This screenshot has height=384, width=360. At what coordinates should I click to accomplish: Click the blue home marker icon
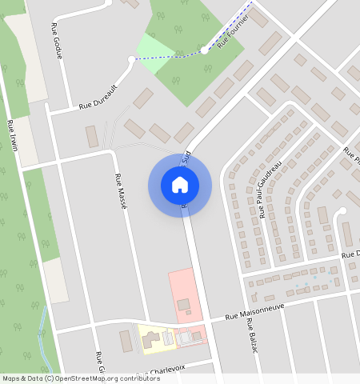tap(180, 185)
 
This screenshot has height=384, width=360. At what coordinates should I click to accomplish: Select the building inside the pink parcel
tap(184, 304)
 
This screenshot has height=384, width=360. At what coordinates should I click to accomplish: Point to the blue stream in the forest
tap(42, 332)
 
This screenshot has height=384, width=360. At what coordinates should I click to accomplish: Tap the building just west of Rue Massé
tap(92, 136)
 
